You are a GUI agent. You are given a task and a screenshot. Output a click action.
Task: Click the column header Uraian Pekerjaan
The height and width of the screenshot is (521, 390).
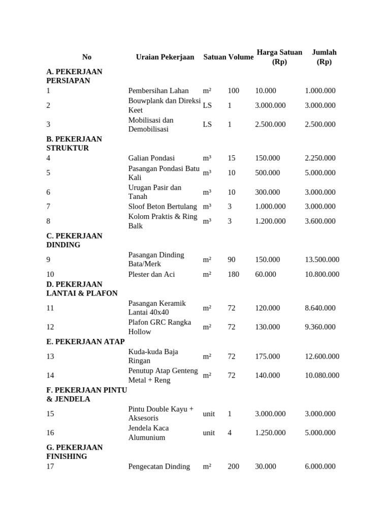coord(165,57)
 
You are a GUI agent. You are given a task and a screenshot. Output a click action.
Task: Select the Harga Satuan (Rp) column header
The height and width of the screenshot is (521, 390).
coord(279,57)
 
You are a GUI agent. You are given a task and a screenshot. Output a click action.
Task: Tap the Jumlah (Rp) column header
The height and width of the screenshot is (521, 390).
coord(324,57)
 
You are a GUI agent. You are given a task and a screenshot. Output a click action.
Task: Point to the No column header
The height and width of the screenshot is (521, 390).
coord(87,57)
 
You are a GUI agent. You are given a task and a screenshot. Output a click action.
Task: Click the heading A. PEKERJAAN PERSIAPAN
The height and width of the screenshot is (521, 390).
coord(74,76)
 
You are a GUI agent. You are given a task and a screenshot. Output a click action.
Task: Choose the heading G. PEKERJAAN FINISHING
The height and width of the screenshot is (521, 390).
coord(74,452)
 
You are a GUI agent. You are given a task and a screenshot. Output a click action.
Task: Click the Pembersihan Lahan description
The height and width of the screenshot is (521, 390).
coord(158,91)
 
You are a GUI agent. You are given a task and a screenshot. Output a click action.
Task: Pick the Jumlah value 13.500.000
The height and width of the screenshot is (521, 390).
coord(322,259)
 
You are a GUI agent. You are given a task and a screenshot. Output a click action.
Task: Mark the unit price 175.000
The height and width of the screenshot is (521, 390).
coord(268,356)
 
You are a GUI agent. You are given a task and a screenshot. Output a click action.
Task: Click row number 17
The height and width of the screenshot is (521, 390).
coord(50,467)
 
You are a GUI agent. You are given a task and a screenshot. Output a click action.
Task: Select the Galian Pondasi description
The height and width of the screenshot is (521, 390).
coord(152,158)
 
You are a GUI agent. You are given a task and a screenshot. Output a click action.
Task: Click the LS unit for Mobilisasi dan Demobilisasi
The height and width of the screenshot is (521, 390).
coord(207,124)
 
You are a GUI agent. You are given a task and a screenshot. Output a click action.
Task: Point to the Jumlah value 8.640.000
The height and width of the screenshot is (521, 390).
coord(320,308)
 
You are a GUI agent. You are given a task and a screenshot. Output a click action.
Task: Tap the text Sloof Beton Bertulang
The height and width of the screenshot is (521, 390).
coord(162,207)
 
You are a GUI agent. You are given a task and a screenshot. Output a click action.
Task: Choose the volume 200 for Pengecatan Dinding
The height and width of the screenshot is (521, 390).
coord(234,467)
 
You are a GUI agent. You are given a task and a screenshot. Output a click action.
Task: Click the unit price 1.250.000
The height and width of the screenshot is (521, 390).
coord(270,432)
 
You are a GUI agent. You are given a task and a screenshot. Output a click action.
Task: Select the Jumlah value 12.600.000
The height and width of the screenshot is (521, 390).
coord(322,356)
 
